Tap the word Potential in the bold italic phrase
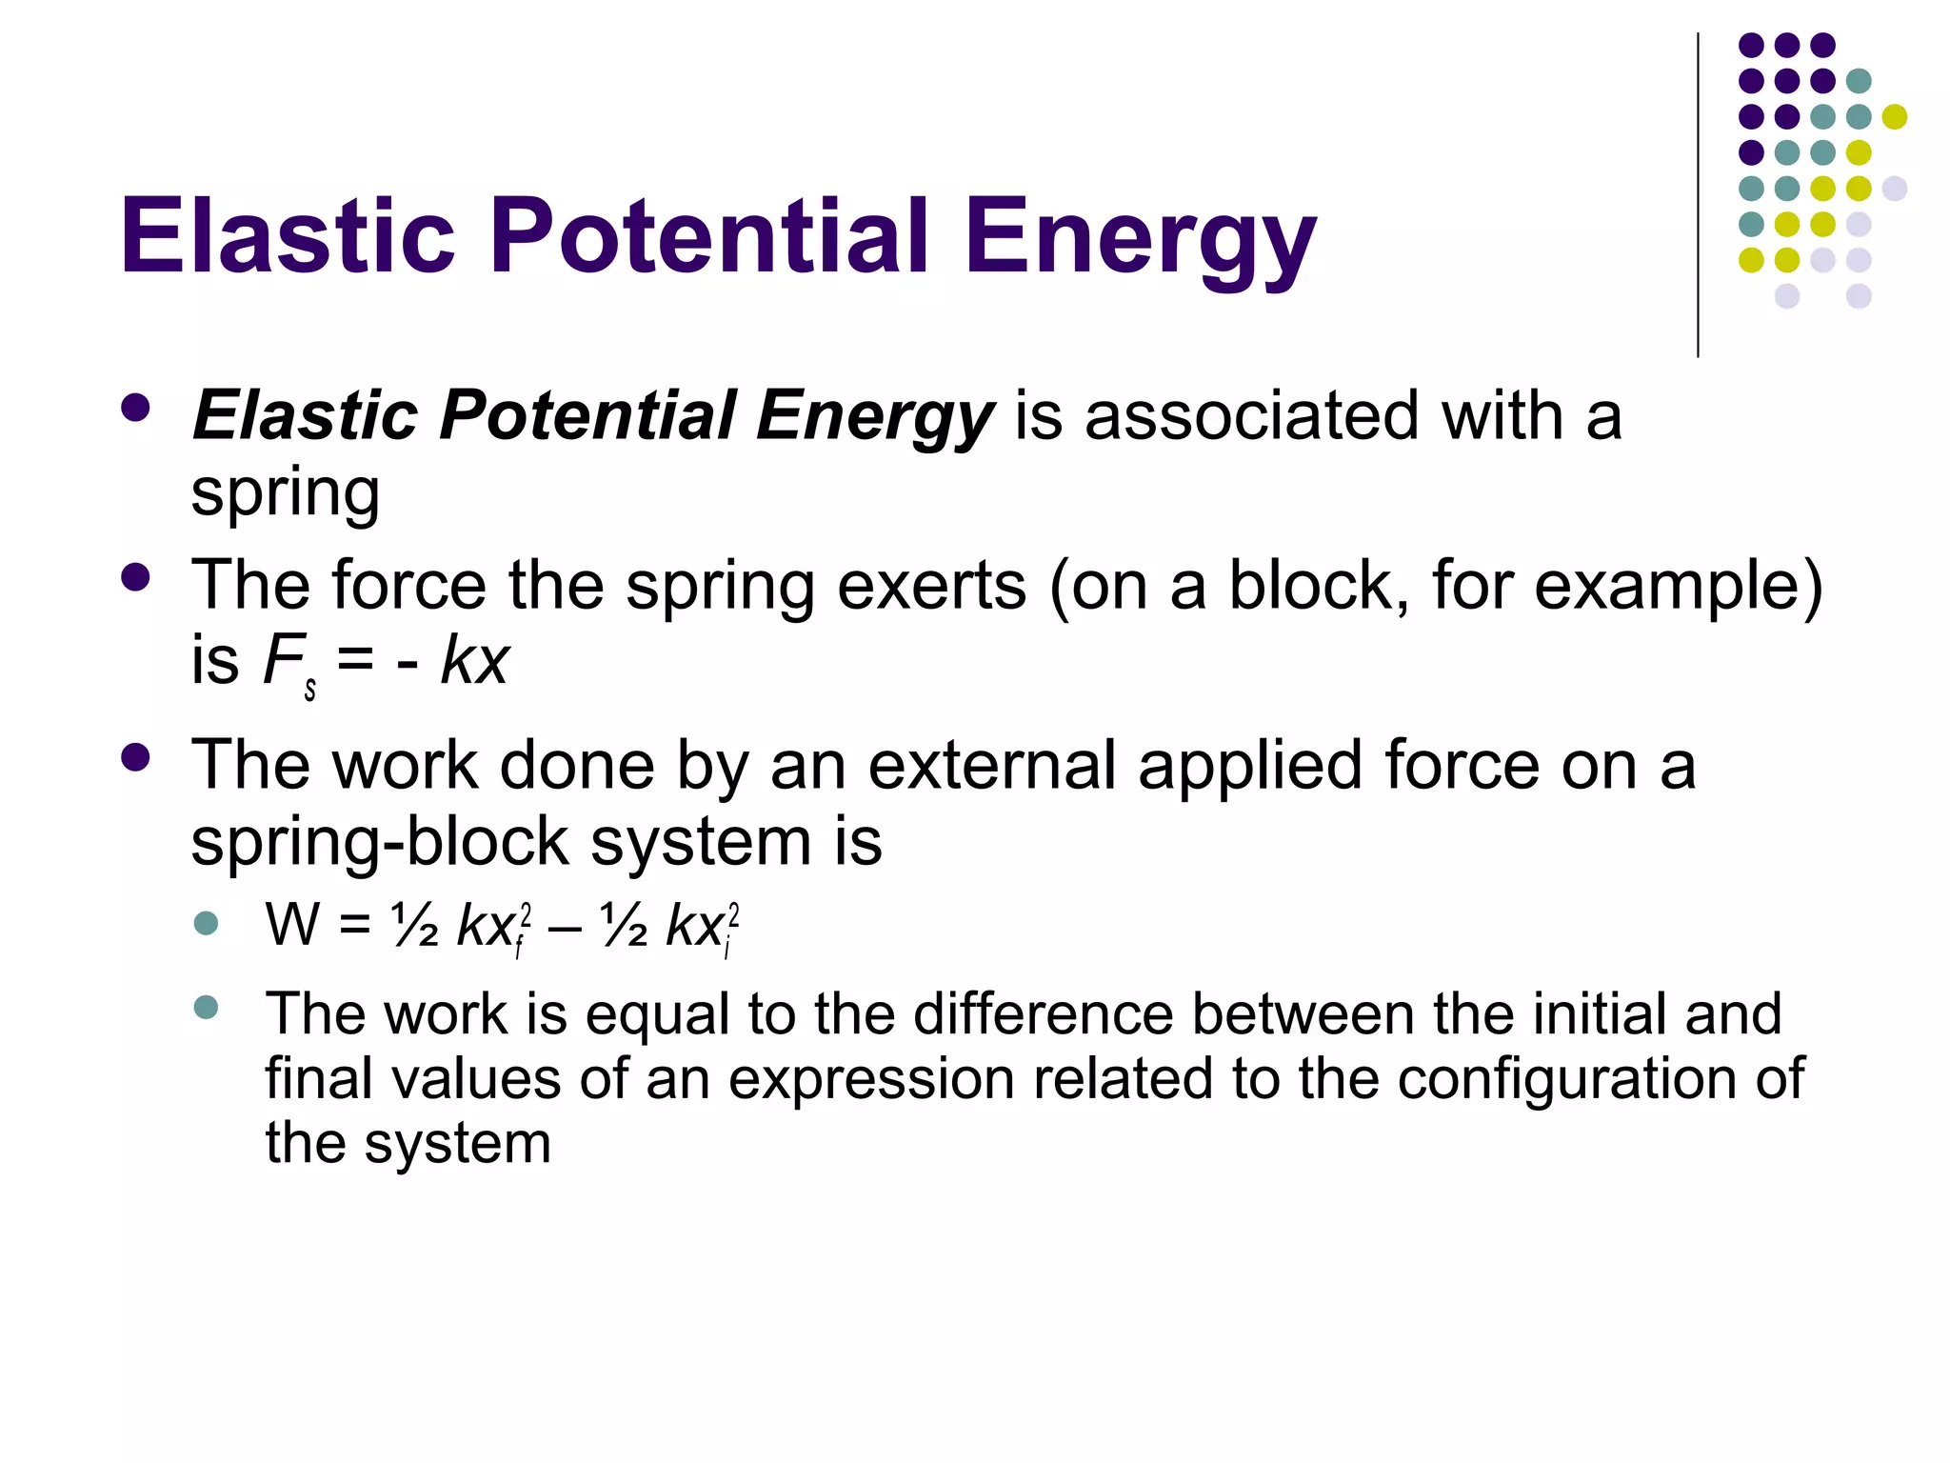(x=587, y=415)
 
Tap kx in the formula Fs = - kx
(x=474, y=659)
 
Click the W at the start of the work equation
(x=291, y=924)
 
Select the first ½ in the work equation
(x=414, y=925)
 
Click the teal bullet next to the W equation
(x=206, y=923)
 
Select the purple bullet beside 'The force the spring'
(x=136, y=577)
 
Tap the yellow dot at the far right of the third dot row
(x=1894, y=117)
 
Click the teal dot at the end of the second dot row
(x=1859, y=81)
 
